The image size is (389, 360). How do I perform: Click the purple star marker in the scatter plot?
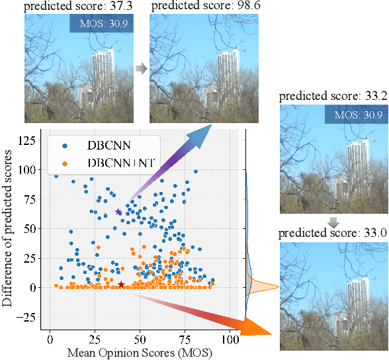[x=118, y=212]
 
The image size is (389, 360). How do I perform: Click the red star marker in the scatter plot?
[x=121, y=285]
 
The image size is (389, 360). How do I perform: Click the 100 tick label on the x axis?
[x=230, y=339]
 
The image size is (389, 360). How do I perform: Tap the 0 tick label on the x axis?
[x=50, y=339]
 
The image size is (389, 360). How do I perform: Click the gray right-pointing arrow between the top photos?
[x=141, y=67]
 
